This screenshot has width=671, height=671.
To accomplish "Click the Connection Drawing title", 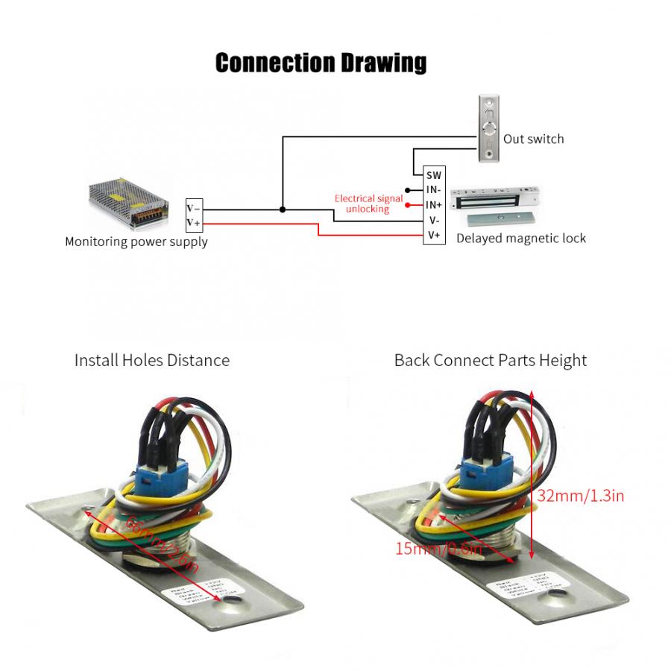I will [x=321, y=63].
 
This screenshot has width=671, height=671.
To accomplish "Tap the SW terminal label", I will [x=434, y=174].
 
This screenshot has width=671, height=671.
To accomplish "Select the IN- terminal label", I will [x=434, y=189].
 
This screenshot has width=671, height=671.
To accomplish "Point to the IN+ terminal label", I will [x=434, y=204].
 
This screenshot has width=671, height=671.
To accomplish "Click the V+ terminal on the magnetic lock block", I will [x=434, y=236].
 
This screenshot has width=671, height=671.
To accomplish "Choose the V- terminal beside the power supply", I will [x=193, y=208].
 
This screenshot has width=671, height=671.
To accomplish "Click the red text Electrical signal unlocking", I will [x=368, y=204].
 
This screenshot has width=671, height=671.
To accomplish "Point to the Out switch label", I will [x=533, y=139].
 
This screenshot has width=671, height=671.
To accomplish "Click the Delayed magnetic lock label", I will [x=520, y=239].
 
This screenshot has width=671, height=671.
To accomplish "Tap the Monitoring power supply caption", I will [x=136, y=242].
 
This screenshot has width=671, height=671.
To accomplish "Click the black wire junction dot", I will [x=282, y=210].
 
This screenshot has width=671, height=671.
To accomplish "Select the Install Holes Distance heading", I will [x=152, y=360].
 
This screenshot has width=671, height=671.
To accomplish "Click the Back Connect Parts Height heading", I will [x=491, y=360].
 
